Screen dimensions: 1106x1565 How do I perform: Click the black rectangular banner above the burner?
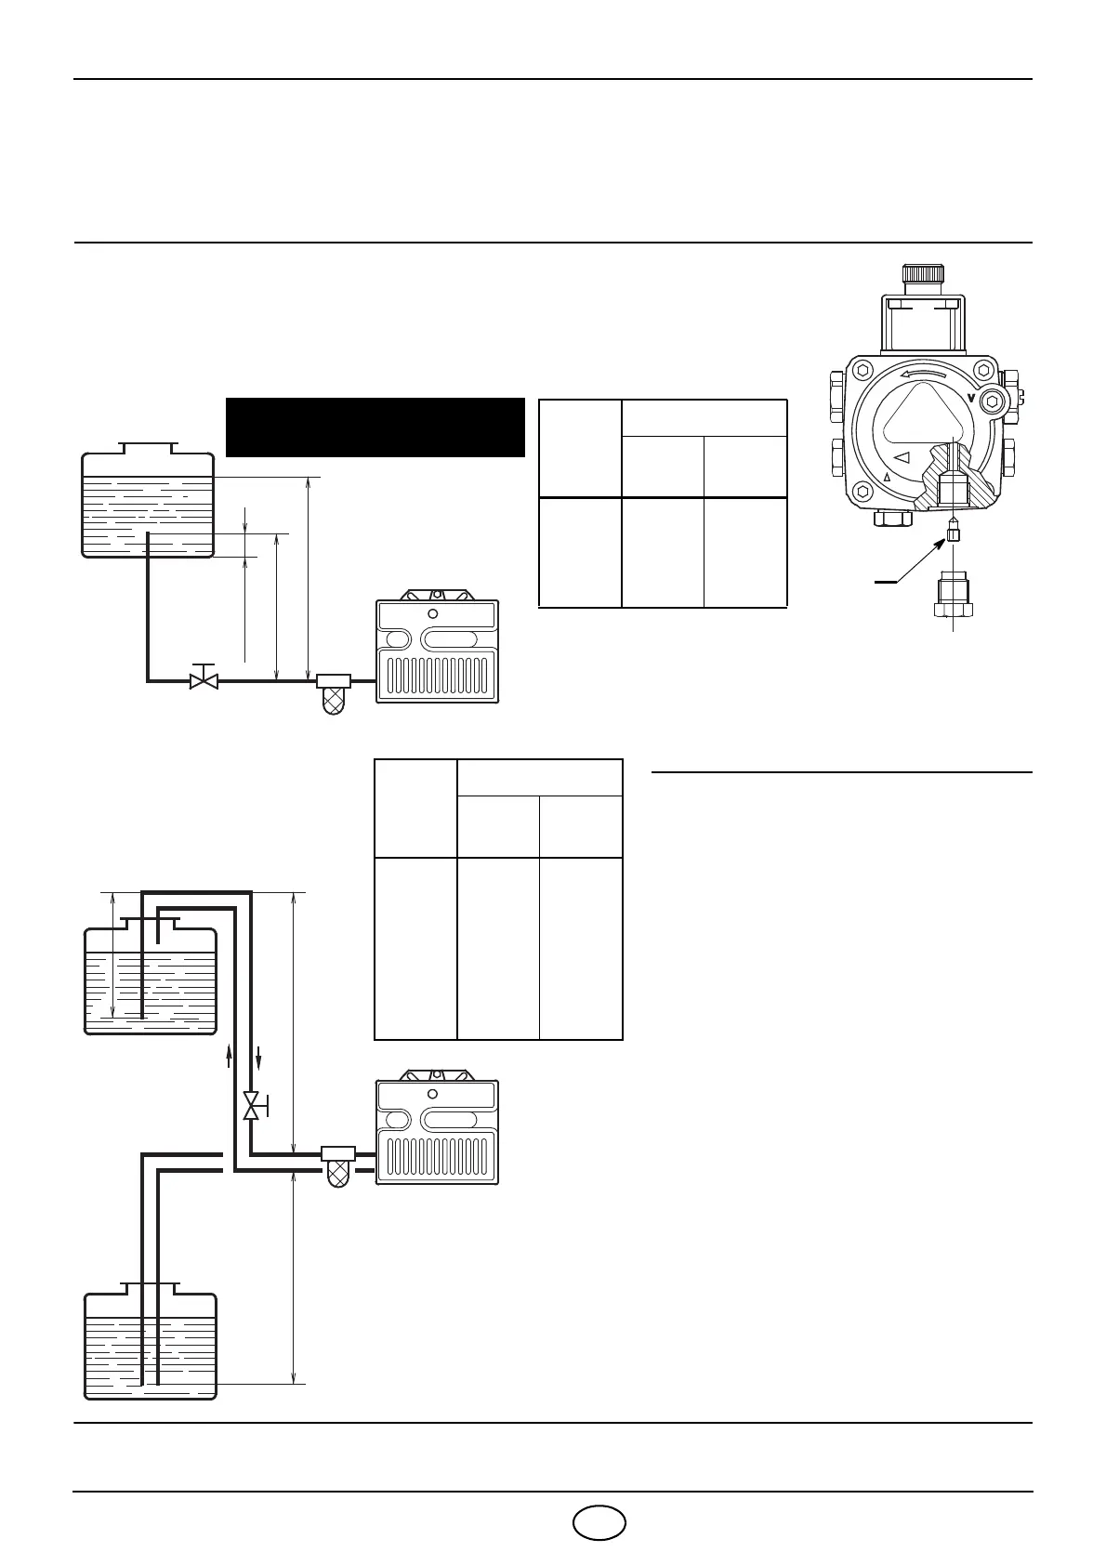tap(375, 427)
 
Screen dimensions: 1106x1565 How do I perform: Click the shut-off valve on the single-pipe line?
tap(204, 679)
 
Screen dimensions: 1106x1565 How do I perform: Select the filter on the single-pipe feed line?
tap(334, 692)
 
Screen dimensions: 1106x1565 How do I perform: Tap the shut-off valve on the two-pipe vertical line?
tap(252, 1106)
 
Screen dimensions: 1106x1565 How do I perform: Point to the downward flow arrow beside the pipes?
tap(259, 1057)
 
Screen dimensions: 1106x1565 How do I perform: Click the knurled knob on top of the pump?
tap(924, 275)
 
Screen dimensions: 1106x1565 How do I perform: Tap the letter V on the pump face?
tap(972, 398)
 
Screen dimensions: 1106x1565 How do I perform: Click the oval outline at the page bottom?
tap(599, 1522)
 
